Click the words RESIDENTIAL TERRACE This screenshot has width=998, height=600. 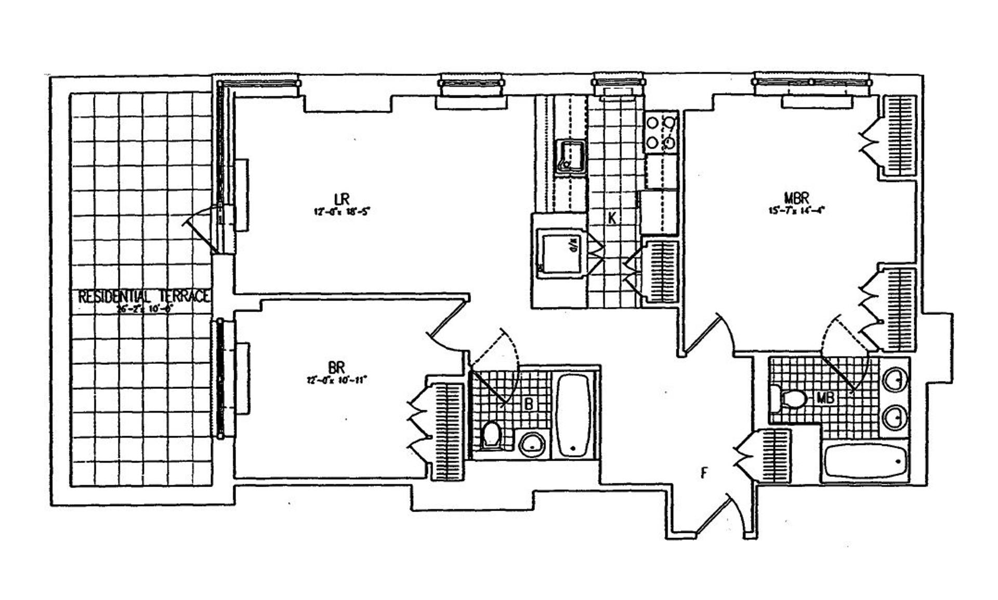(144, 297)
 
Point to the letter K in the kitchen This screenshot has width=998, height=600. (612, 218)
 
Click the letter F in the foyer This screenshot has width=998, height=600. (704, 473)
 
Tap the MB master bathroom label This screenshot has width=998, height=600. (826, 398)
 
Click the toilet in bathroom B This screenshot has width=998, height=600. (490, 435)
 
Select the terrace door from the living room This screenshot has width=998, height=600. (203, 229)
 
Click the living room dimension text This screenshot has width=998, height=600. (341, 212)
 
